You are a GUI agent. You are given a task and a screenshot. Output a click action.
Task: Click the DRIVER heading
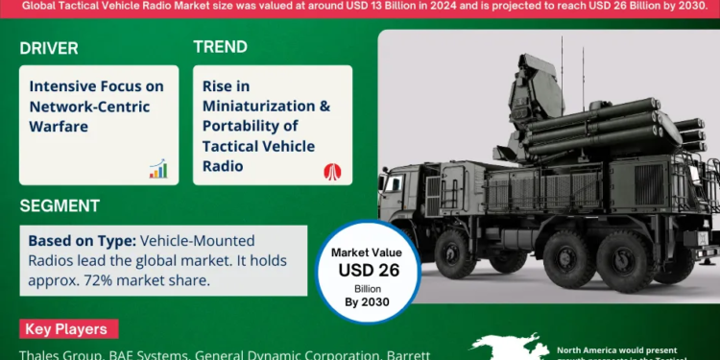click(x=49, y=48)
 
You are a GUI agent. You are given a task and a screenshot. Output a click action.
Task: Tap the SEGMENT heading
click(x=59, y=205)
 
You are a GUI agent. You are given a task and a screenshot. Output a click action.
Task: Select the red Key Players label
click(x=66, y=329)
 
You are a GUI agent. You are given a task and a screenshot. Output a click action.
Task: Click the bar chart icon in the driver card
click(x=157, y=169)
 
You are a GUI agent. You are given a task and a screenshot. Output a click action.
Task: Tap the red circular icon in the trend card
click(x=332, y=170)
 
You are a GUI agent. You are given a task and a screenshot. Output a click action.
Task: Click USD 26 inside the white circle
click(x=369, y=270)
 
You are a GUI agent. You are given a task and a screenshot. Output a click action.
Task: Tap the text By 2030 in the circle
click(x=369, y=301)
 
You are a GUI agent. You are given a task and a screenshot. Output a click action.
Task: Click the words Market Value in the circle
click(x=369, y=252)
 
